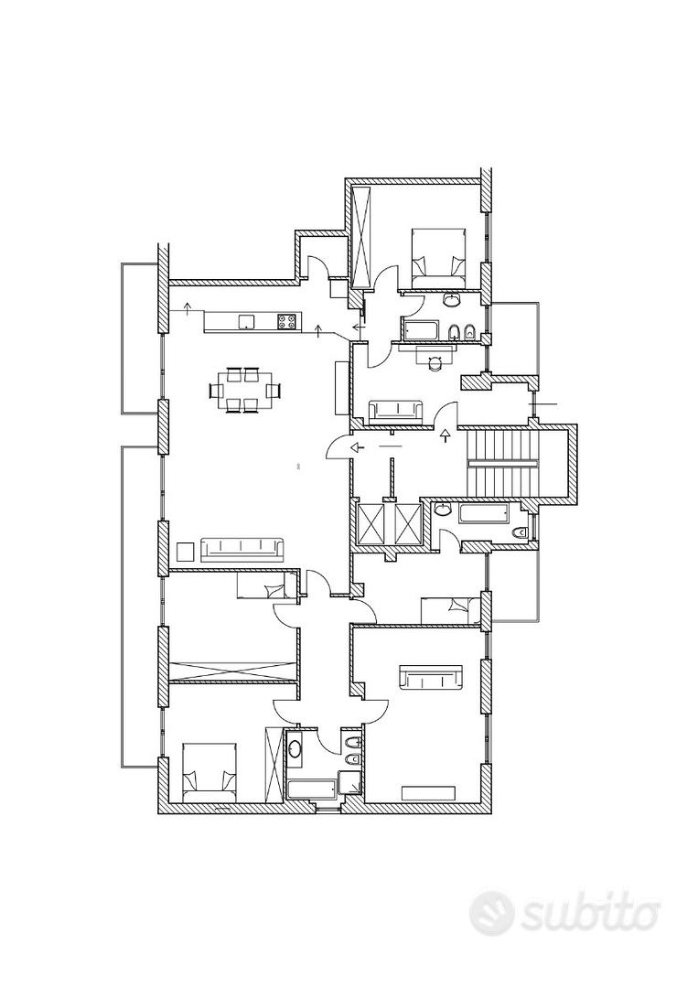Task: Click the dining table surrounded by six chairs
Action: (x=244, y=391)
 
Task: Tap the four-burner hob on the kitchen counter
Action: (x=286, y=322)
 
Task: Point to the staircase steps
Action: (x=503, y=464)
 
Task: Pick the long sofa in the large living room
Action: (x=242, y=550)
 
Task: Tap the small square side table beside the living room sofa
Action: (x=186, y=552)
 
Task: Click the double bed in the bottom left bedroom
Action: (x=209, y=772)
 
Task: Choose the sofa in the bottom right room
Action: (x=432, y=677)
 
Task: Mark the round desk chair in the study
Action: (x=434, y=363)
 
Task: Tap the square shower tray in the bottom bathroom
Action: (x=349, y=782)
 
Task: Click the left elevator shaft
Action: (x=370, y=522)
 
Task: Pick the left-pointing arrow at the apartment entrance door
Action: (x=357, y=448)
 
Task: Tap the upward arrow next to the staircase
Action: (x=446, y=435)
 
